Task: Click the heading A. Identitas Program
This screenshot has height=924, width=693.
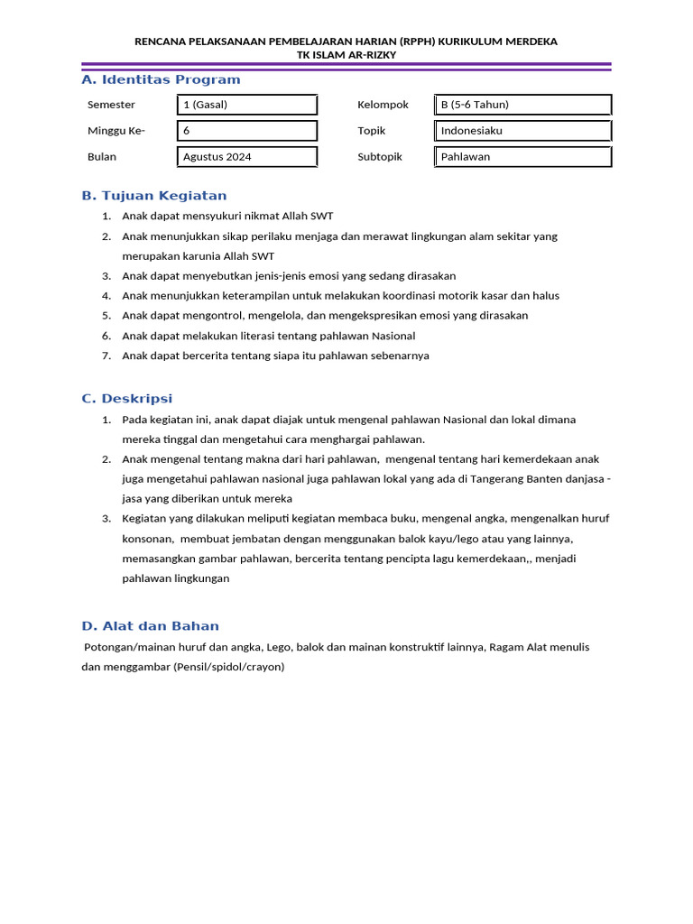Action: (161, 79)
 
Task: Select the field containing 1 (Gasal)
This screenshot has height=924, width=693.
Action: (247, 105)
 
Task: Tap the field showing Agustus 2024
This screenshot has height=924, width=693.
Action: (247, 156)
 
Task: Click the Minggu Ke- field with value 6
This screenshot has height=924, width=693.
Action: (247, 131)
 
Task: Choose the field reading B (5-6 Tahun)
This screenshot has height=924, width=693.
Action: (522, 105)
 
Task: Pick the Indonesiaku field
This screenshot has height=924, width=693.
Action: (522, 131)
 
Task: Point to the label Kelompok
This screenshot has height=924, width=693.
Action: (383, 105)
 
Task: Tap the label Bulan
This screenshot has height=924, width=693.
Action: (102, 156)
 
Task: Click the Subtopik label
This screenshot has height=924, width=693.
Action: (380, 156)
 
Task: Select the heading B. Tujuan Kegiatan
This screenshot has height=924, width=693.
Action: (154, 195)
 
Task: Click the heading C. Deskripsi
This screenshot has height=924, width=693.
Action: (126, 398)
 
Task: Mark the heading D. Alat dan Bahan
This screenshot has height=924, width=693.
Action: (150, 625)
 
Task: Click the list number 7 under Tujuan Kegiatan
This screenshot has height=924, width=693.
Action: (106, 356)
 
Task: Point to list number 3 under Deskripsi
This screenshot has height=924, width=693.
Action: (106, 519)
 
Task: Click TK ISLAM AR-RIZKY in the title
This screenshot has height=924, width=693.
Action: (346, 54)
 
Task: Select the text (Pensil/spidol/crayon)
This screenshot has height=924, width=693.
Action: (229, 667)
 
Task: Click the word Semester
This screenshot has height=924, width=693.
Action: (111, 105)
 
